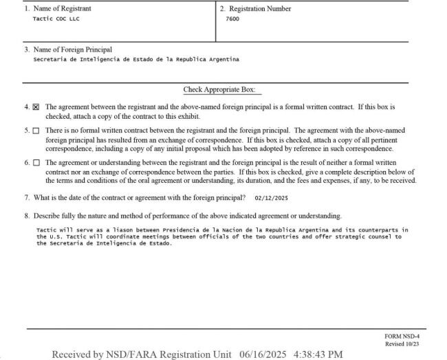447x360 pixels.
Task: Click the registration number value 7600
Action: pos(231,19)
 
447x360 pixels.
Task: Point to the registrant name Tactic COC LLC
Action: pos(52,19)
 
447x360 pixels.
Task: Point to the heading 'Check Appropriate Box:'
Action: pos(223,90)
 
